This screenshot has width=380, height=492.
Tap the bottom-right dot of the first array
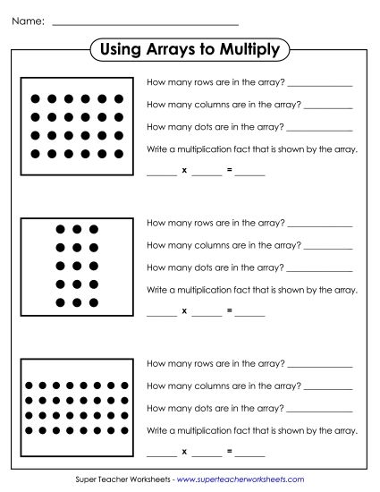[122, 153]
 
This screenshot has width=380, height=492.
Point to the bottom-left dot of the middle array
[60, 301]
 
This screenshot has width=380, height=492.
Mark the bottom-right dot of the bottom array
[131, 430]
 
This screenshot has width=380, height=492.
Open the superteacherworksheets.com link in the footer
[247, 480]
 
